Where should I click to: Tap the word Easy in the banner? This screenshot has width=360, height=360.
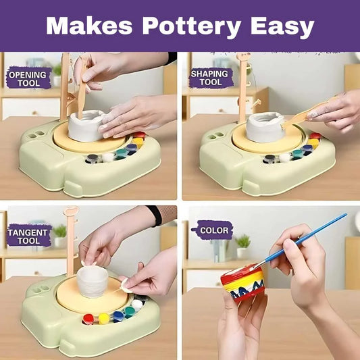pyautogui.click(x=282, y=27)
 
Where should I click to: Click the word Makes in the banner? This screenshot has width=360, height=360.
pyautogui.click(x=90, y=25)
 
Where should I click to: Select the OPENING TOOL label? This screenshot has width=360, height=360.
pyautogui.click(x=28, y=79)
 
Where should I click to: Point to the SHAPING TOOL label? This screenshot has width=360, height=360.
pyautogui.click(x=210, y=78)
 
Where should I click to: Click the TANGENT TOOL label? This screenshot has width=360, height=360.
pyautogui.click(x=28, y=236)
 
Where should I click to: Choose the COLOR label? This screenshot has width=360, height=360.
pyautogui.click(x=213, y=230)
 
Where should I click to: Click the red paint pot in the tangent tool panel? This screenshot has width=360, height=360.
pyautogui.click(x=88, y=319)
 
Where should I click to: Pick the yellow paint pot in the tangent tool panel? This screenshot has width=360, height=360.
pyautogui.click(x=104, y=318)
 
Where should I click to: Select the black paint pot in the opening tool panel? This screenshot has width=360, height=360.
pyautogui.click(x=93, y=159)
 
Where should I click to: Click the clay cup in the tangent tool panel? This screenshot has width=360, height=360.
pyautogui.click(x=93, y=281)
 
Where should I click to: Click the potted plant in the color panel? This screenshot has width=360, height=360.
pyautogui.click(x=243, y=246)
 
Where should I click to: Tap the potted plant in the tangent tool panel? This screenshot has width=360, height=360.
pyautogui.click(x=59, y=236)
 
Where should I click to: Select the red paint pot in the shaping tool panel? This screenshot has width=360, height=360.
pyautogui.click(x=315, y=136)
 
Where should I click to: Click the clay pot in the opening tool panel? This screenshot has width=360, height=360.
pyautogui.click(x=86, y=126)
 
